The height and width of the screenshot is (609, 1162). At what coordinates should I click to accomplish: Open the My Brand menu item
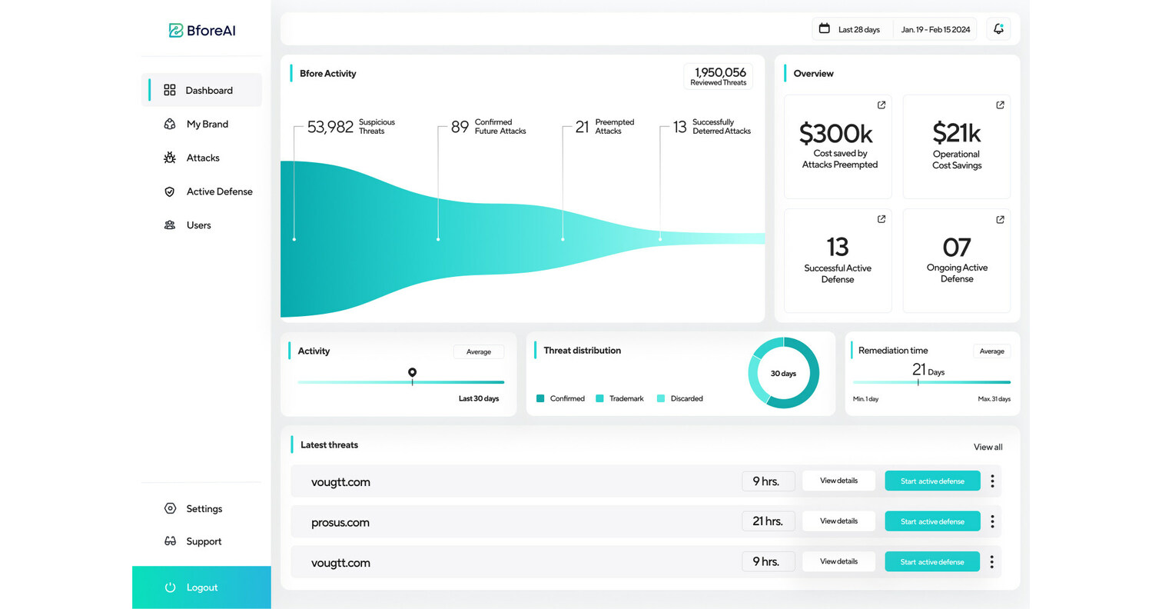pos(206,124)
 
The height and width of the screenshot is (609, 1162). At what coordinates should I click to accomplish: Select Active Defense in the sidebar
pos(218,191)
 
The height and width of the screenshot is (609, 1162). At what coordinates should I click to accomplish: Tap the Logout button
pos(201,587)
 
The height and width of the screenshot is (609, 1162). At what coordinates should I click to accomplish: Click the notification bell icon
pos(998,29)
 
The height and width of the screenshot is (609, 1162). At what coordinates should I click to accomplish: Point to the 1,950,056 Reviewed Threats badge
pos(718,76)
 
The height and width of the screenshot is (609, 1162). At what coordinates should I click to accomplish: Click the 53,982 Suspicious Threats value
pos(330,127)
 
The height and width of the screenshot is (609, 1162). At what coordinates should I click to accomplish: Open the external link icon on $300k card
pos(881,105)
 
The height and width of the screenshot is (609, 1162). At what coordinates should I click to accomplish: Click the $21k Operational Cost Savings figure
pos(956,134)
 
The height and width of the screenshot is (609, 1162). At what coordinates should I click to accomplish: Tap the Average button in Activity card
pos(478,351)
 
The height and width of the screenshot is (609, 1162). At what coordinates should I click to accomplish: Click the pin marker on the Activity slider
pos(412,373)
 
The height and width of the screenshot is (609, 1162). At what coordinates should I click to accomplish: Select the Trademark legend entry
pos(620,398)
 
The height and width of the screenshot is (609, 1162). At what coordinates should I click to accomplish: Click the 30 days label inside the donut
pos(783,373)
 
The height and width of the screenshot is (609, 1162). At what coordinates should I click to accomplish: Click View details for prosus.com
pos(838,521)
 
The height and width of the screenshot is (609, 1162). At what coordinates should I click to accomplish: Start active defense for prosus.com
pos(932,521)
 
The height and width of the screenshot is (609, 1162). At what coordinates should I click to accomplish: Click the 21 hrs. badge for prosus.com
pos(768,521)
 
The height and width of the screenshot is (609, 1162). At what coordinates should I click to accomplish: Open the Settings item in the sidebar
pos(204,508)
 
